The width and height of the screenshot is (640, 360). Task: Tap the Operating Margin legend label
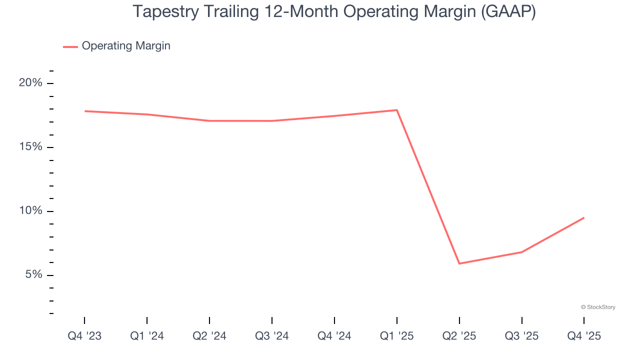point(126,46)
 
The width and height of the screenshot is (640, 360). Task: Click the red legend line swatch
point(70,46)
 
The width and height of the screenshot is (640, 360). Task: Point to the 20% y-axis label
point(30,83)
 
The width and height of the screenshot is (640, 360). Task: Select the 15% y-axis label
point(30,147)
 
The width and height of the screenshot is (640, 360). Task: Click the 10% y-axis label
point(30,211)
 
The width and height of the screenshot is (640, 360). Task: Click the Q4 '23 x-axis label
point(84,336)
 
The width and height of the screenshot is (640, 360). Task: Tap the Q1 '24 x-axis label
point(147,336)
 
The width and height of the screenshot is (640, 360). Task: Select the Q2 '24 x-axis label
point(209,336)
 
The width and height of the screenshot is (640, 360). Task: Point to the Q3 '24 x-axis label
point(272,336)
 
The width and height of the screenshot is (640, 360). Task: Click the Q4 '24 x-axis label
point(334,336)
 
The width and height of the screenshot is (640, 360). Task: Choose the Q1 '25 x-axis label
point(397,336)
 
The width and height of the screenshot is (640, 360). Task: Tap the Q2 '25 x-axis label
point(459,336)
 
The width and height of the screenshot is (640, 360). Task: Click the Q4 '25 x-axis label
point(584,336)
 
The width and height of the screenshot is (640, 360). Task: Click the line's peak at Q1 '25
point(397,110)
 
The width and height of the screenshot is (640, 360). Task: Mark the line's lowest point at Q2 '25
point(459,263)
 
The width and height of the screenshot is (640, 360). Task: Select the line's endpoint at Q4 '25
point(584,217)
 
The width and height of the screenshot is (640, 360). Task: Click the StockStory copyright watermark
point(598,307)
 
